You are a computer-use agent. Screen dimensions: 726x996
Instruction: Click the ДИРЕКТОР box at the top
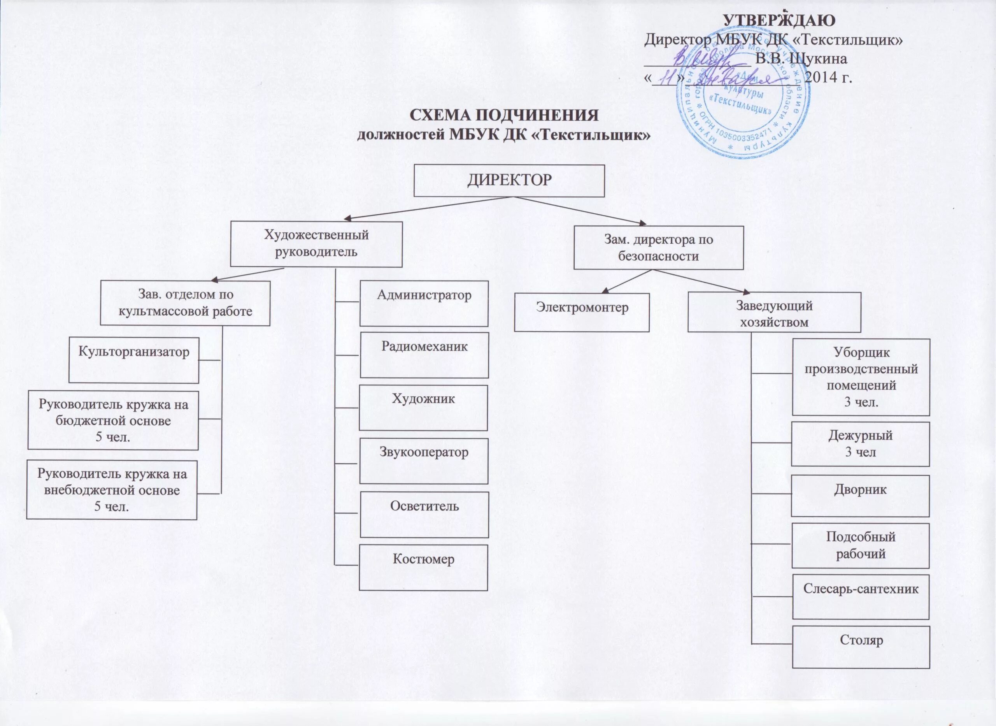click(x=509, y=181)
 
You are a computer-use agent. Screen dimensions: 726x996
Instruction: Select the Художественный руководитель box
click(x=316, y=244)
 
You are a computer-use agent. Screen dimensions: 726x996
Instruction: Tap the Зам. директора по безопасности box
click(x=658, y=248)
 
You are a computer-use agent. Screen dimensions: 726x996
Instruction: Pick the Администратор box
click(x=424, y=303)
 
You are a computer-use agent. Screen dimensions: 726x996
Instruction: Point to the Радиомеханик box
click(x=424, y=355)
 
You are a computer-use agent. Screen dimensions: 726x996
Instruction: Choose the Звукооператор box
click(x=424, y=461)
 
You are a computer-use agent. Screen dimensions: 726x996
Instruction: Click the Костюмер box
click(x=423, y=567)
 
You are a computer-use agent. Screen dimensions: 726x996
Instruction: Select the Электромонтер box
click(x=581, y=313)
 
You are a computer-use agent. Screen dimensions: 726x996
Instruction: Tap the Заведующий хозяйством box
click(x=774, y=313)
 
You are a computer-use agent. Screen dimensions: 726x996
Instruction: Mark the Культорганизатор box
click(x=134, y=360)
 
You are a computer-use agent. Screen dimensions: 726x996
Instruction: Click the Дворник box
click(x=860, y=496)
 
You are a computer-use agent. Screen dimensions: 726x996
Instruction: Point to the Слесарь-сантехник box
click(x=861, y=596)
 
